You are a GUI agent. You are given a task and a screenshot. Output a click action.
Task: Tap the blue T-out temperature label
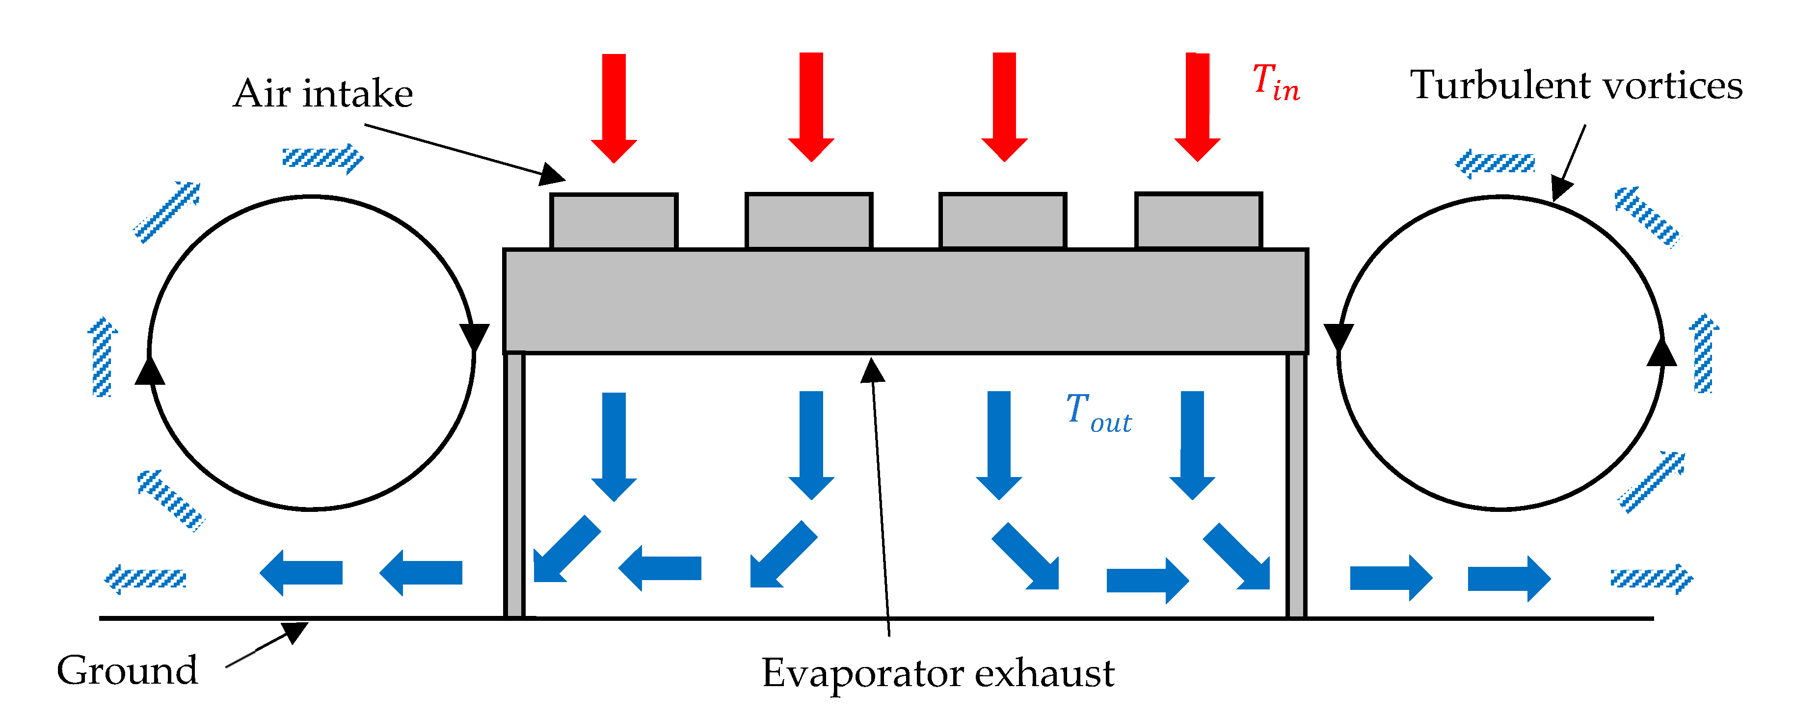coord(1098,413)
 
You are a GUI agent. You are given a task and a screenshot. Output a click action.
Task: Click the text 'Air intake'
coord(323,93)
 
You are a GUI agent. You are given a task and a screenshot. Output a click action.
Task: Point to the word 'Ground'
coord(128,670)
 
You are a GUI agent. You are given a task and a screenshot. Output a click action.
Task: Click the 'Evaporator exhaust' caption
coord(937,673)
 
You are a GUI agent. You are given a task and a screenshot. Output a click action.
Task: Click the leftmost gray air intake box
coord(613,221)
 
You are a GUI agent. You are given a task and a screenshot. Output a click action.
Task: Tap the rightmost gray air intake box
coord(1198,221)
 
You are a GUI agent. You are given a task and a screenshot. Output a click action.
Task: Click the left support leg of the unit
coord(514,485)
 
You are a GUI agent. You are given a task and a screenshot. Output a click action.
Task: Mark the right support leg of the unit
coord(1296,485)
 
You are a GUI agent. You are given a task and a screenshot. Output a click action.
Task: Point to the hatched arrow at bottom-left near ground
coord(145,579)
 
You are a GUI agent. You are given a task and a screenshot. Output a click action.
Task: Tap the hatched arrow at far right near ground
coord(1652,579)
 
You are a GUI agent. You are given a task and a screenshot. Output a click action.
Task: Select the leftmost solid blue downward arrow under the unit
coord(614,446)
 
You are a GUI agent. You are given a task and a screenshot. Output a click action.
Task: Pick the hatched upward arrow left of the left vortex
coord(102,358)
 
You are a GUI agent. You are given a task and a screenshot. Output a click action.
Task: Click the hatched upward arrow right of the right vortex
coord(1703,353)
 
